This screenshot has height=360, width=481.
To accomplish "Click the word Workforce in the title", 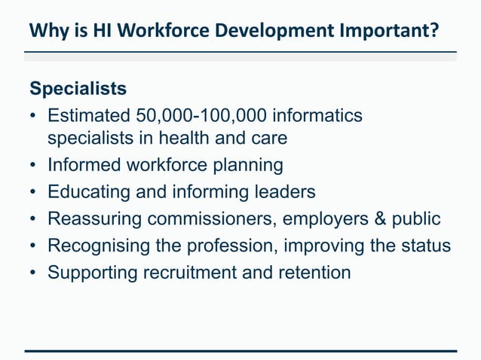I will pos(162,31).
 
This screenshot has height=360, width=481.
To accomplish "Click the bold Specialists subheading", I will pos(78,89).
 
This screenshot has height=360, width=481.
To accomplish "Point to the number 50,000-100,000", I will pos(202,116).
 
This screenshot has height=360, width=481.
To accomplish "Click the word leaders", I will pos(284,192).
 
